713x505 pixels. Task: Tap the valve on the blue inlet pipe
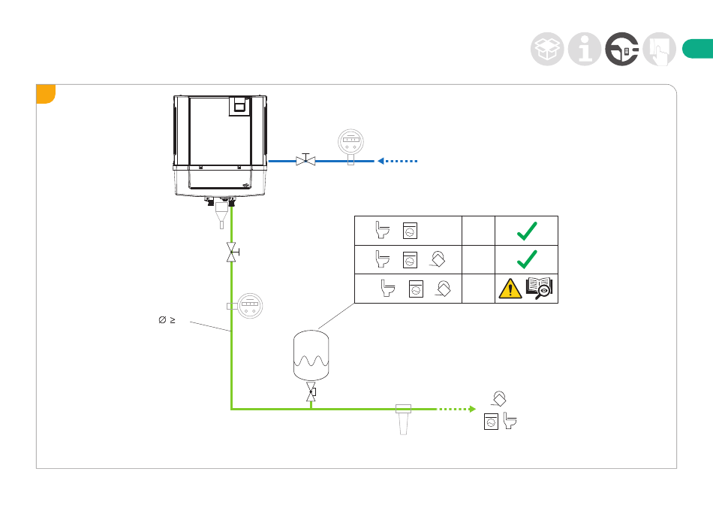click(x=305, y=160)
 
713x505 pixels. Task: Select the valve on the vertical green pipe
click(x=232, y=253)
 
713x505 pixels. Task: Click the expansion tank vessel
click(x=310, y=352)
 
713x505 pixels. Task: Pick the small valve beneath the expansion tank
click(x=311, y=392)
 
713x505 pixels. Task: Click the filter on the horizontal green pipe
click(x=404, y=417)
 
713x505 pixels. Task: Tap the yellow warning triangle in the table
click(x=511, y=288)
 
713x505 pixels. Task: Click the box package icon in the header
click(x=546, y=49)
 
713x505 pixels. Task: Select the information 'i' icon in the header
click(x=584, y=49)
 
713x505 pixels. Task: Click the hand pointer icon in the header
click(x=660, y=50)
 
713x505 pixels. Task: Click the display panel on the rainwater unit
click(x=239, y=104)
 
